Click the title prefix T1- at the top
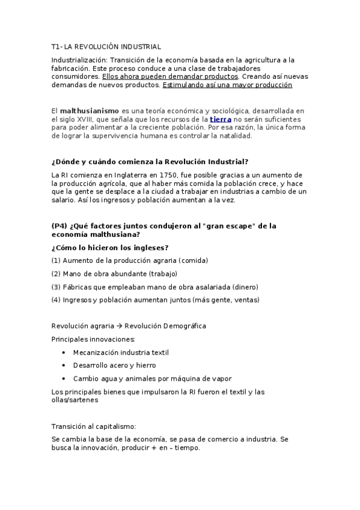pyautogui.click(x=57, y=46)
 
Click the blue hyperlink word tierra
pyautogui.click(x=221, y=120)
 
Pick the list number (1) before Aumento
pyautogui.click(x=56, y=260)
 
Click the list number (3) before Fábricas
pyautogui.click(x=56, y=287)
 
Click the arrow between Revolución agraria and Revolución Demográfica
pyautogui.click(x=119, y=326)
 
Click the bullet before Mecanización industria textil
pyautogui.click(x=64, y=352)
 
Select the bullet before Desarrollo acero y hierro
pyautogui.click(x=64, y=366)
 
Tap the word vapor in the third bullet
pyautogui.click(x=220, y=379)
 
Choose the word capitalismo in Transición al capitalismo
pyautogui.click(x=117, y=426)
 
